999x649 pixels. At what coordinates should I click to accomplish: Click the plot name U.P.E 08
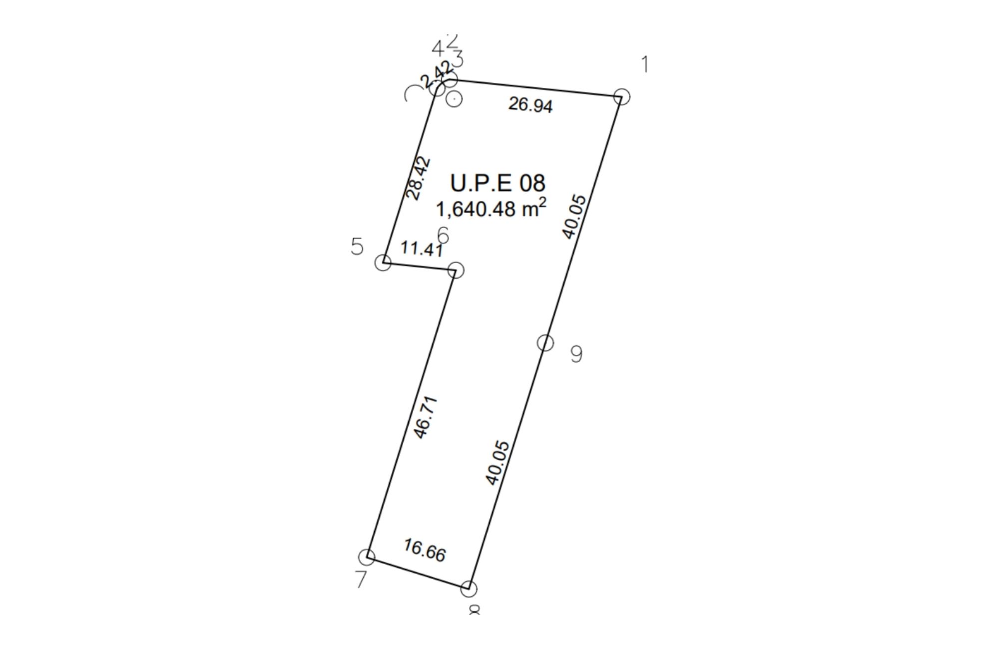pyautogui.click(x=498, y=183)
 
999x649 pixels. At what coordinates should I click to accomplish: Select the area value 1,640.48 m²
pyautogui.click(x=491, y=208)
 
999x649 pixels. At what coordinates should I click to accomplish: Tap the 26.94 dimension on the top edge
pyautogui.click(x=530, y=105)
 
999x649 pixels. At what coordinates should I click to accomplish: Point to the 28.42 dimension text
pyautogui.click(x=418, y=178)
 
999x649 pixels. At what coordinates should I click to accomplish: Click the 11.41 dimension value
pyautogui.click(x=422, y=248)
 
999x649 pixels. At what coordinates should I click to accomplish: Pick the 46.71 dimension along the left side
pyautogui.click(x=426, y=417)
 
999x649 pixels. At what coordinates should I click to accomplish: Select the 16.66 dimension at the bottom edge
pyautogui.click(x=425, y=550)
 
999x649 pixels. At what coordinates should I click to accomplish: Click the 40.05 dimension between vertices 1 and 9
pyautogui.click(x=574, y=217)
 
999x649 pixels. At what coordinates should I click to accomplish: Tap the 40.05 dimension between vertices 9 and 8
pyautogui.click(x=498, y=462)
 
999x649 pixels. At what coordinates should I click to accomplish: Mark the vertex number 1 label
pyautogui.click(x=645, y=64)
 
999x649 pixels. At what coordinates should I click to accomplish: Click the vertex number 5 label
pyautogui.click(x=357, y=246)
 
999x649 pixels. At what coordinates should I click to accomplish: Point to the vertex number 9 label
pyautogui.click(x=576, y=354)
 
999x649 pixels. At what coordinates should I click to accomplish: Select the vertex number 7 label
pyautogui.click(x=361, y=580)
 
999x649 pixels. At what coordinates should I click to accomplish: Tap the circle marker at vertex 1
pyautogui.click(x=621, y=96)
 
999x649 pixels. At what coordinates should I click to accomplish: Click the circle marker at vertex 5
pyautogui.click(x=383, y=263)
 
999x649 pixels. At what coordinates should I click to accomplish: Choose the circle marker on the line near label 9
pyautogui.click(x=545, y=343)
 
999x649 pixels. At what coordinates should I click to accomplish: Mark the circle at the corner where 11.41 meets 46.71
pyautogui.click(x=456, y=270)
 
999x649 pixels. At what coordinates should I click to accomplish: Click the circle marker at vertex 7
pyautogui.click(x=367, y=556)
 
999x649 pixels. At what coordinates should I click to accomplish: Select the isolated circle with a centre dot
pyautogui.click(x=454, y=99)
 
